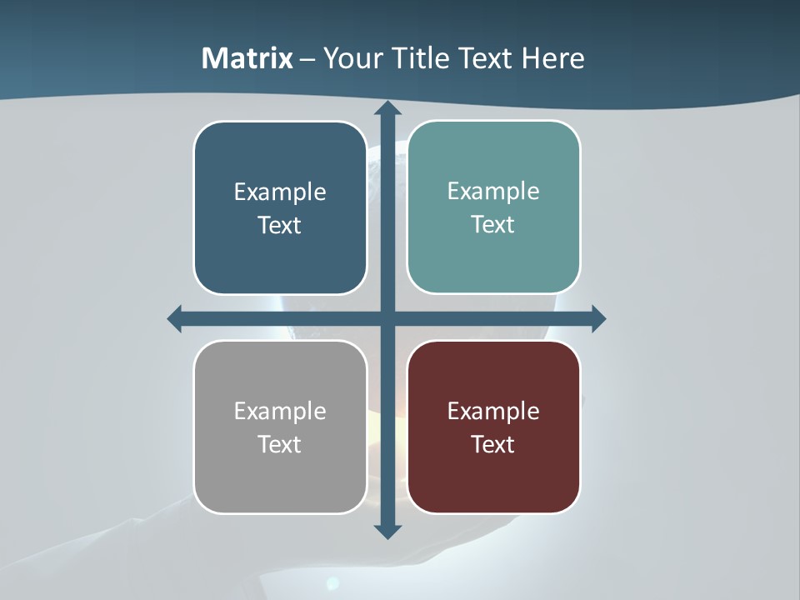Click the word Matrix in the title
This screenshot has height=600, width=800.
247,58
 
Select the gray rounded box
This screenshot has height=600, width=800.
280,475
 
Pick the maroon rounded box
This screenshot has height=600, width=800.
493,475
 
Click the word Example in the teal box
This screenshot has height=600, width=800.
493,191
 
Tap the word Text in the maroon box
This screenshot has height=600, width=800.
493,444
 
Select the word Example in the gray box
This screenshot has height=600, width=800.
280,411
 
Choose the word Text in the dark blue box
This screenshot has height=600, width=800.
280,225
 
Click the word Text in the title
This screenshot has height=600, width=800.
485,58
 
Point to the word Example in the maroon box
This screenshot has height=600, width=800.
493,411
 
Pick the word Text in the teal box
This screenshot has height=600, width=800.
493,224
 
